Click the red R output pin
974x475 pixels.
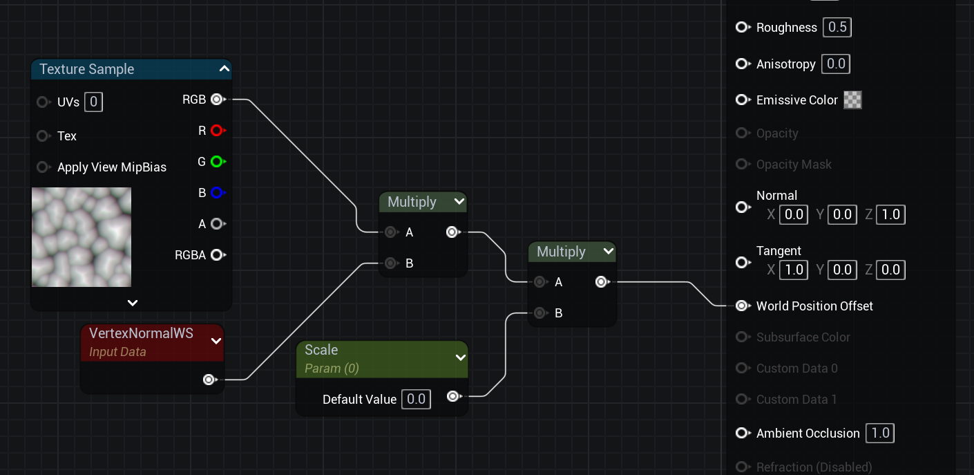217,131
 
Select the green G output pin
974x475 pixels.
217,162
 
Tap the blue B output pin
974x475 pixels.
217,193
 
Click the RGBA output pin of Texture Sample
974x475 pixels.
217,255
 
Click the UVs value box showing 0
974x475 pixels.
94,102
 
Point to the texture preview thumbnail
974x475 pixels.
82,237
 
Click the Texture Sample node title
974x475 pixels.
87,69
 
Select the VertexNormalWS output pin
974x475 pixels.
209,380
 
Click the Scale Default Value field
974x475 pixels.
416,399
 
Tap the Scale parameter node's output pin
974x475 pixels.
452,396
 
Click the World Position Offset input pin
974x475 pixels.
742,306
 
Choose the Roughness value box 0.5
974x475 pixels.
837,28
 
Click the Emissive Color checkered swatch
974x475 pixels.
853,100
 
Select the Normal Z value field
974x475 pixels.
890,214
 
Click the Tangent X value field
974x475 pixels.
794,270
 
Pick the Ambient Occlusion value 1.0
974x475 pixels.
880,434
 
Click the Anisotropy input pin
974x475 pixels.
742,64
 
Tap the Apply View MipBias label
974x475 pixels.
112,167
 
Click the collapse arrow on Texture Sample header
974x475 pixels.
224,69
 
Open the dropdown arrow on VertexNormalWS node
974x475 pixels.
216,341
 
